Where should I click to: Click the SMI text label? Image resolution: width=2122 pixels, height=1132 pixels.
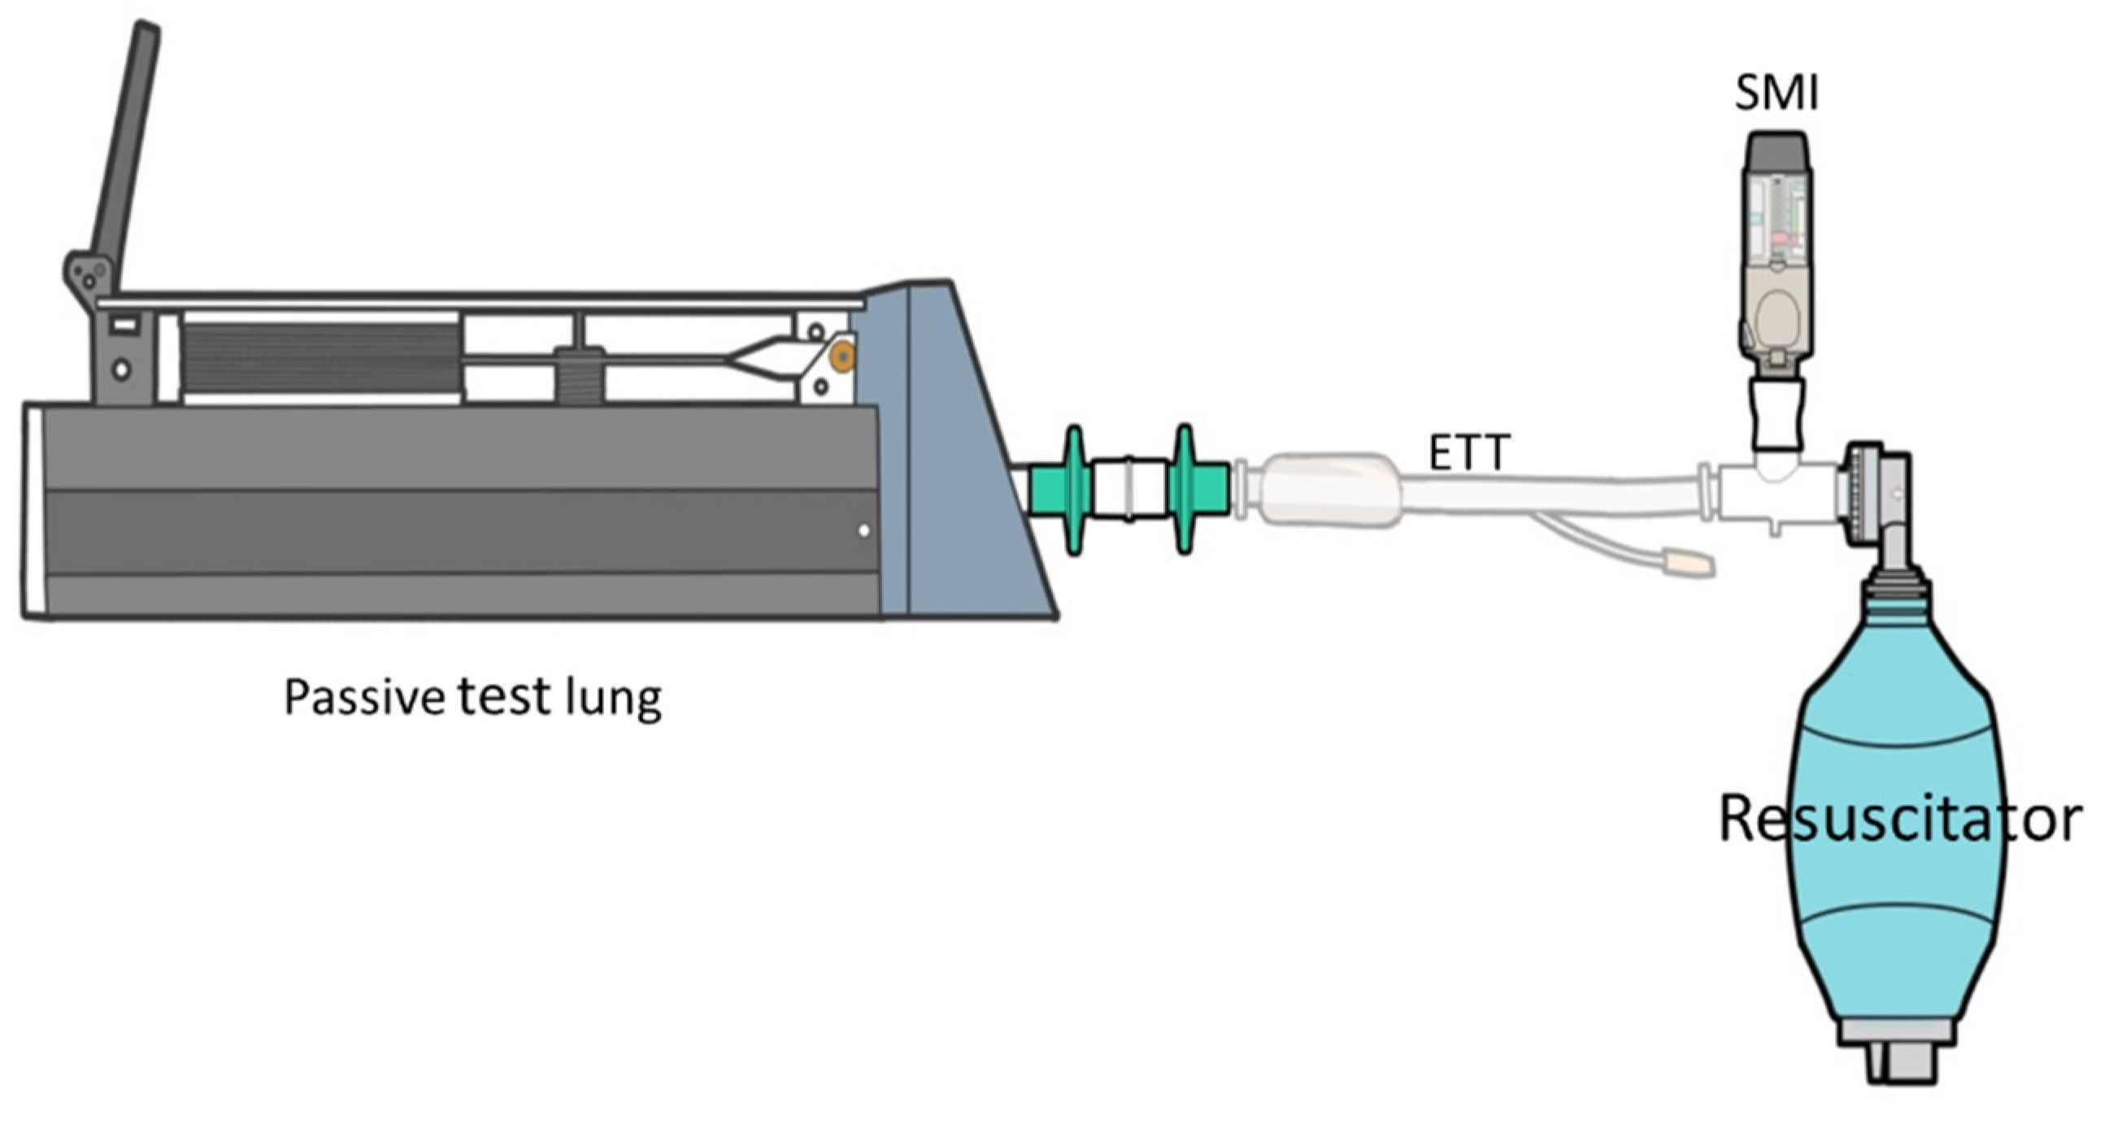1776,92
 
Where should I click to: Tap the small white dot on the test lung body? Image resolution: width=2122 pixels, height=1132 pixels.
863,530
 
